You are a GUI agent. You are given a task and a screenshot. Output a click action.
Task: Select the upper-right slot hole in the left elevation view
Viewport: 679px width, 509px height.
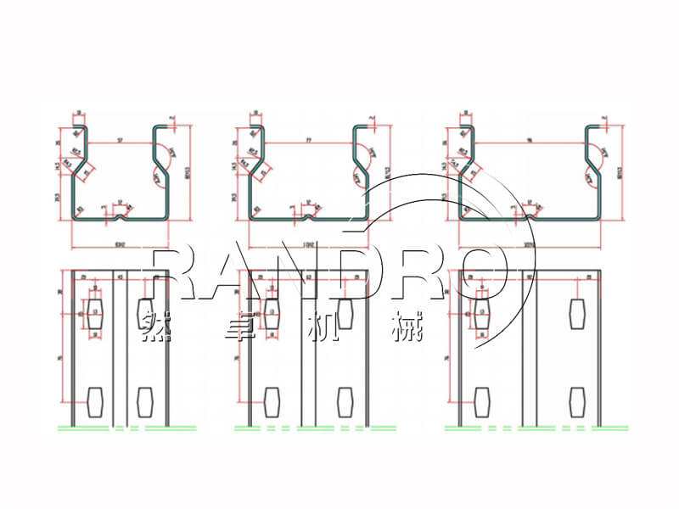(142, 310)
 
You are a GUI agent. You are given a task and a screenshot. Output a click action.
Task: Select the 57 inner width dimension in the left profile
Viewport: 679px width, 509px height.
(121, 137)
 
